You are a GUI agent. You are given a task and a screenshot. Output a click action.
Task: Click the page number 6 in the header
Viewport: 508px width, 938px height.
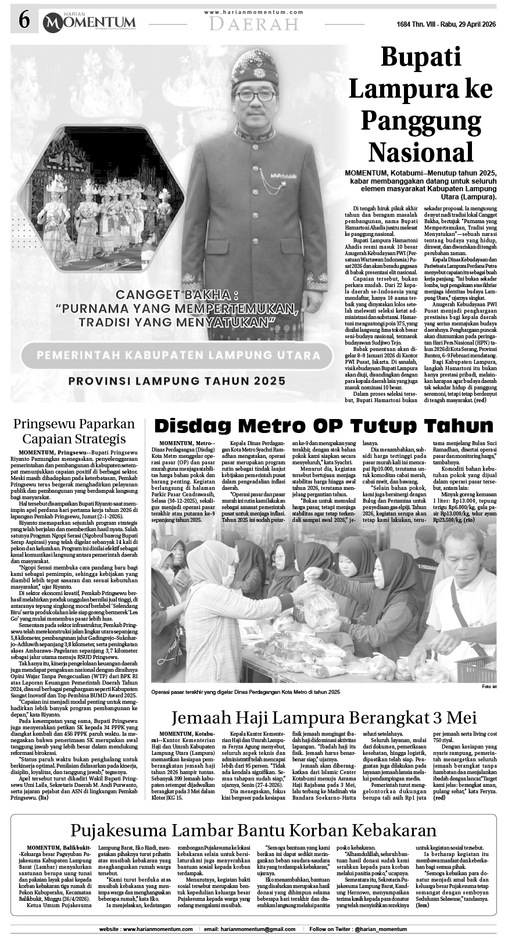pyautogui.click(x=24, y=21)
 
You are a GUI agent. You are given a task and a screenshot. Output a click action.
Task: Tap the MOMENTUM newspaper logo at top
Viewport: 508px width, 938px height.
pyautogui.click(x=88, y=23)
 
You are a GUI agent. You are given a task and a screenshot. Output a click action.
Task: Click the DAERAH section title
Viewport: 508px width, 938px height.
pyautogui.click(x=254, y=24)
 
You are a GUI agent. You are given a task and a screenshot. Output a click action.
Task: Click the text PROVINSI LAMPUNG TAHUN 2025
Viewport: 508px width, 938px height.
pyautogui.click(x=177, y=381)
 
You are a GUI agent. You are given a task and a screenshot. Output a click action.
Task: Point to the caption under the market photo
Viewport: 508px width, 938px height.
pyautogui.click(x=245, y=692)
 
